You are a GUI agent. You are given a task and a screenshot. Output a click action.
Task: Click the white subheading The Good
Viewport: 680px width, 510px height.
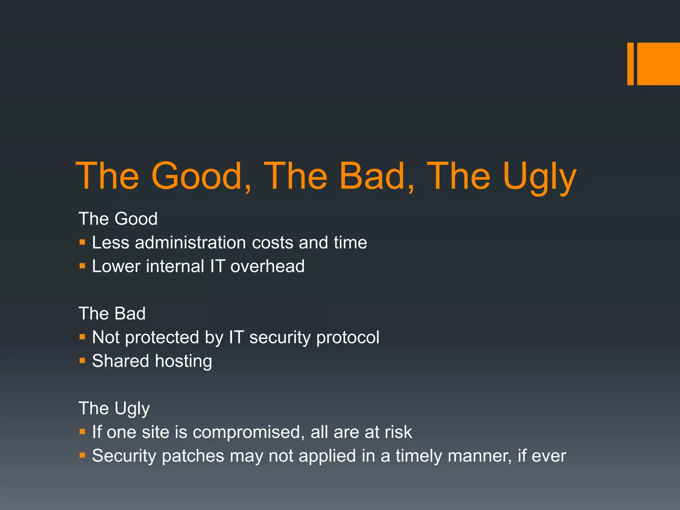(118, 219)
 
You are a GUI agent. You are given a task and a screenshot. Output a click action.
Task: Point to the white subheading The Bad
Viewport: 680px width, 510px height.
(112, 313)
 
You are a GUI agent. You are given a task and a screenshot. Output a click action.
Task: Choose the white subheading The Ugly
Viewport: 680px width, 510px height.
(114, 408)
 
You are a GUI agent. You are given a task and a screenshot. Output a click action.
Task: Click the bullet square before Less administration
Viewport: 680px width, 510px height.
(82, 242)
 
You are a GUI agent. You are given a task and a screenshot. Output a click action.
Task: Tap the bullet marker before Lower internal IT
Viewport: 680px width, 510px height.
(82, 266)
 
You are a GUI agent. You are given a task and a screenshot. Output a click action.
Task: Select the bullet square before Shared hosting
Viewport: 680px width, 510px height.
(82, 361)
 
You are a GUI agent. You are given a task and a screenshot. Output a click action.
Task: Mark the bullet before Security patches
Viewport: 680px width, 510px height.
(82, 455)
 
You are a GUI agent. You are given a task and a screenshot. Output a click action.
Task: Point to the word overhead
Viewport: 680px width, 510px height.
(267, 266)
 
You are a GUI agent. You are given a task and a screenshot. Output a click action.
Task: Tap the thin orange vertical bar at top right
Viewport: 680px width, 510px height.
(630, 64)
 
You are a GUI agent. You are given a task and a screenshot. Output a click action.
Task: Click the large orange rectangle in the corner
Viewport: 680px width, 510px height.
(658, 64)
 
